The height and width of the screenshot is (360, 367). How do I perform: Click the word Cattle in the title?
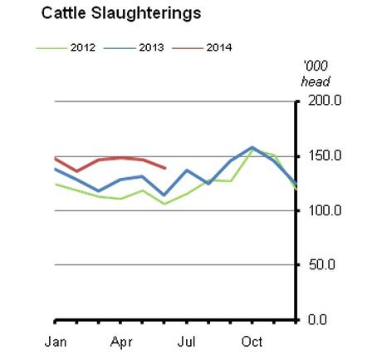coord(63,13)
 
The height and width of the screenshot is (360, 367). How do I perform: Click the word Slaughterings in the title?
coord(146,14)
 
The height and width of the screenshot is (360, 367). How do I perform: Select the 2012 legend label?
coord(83,47)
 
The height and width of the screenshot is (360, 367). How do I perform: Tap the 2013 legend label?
coord(151,47)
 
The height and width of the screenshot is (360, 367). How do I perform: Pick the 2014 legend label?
coord(219,47)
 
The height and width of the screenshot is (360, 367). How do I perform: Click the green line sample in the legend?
coord(51,48)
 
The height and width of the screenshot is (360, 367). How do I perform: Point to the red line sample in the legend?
coord(188,48)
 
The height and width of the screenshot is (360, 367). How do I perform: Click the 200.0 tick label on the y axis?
coord(325,101)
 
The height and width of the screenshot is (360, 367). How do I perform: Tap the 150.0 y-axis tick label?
coord(325,155)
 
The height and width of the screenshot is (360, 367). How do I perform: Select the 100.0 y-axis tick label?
coord(325,210)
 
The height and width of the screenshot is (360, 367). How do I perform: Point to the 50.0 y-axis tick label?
coord(322,264)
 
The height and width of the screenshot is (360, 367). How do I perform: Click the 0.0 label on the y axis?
coord(317,319)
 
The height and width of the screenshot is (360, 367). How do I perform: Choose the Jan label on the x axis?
coord(56,342)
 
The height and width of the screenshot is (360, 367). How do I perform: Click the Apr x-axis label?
coord(121,343)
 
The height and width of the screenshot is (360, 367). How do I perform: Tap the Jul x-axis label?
coord(186,342)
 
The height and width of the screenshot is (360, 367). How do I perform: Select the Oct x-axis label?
coord(252,342)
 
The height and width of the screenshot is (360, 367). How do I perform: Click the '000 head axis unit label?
coord(316,74)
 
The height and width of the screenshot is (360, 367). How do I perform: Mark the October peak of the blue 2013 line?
coord(252,147)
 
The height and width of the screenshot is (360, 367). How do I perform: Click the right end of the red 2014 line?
coord(165,168)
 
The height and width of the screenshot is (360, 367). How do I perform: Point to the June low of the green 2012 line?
coord(164,204)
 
